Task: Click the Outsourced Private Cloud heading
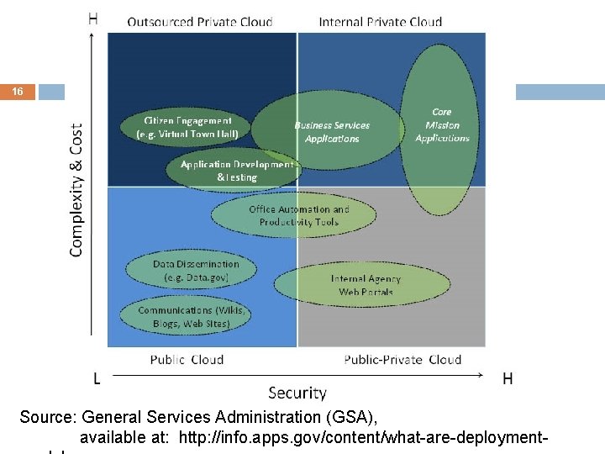[200, 22]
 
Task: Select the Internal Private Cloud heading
[381, 22]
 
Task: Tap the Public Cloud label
[187, 359]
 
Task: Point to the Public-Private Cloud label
[402, 359]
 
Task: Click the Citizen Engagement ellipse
[192, 127]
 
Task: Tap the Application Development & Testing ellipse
[236, 171]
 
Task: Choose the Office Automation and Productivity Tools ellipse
[298, 216]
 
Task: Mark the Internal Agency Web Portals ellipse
[366, 285]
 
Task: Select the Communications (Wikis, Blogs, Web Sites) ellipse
[192, 315]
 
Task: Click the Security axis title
[297, 393]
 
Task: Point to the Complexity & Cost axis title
[76, 190]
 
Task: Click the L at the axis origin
[97, 379]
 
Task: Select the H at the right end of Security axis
[508, 379]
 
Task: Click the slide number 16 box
[18, 92]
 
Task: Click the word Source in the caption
[47, 417]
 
